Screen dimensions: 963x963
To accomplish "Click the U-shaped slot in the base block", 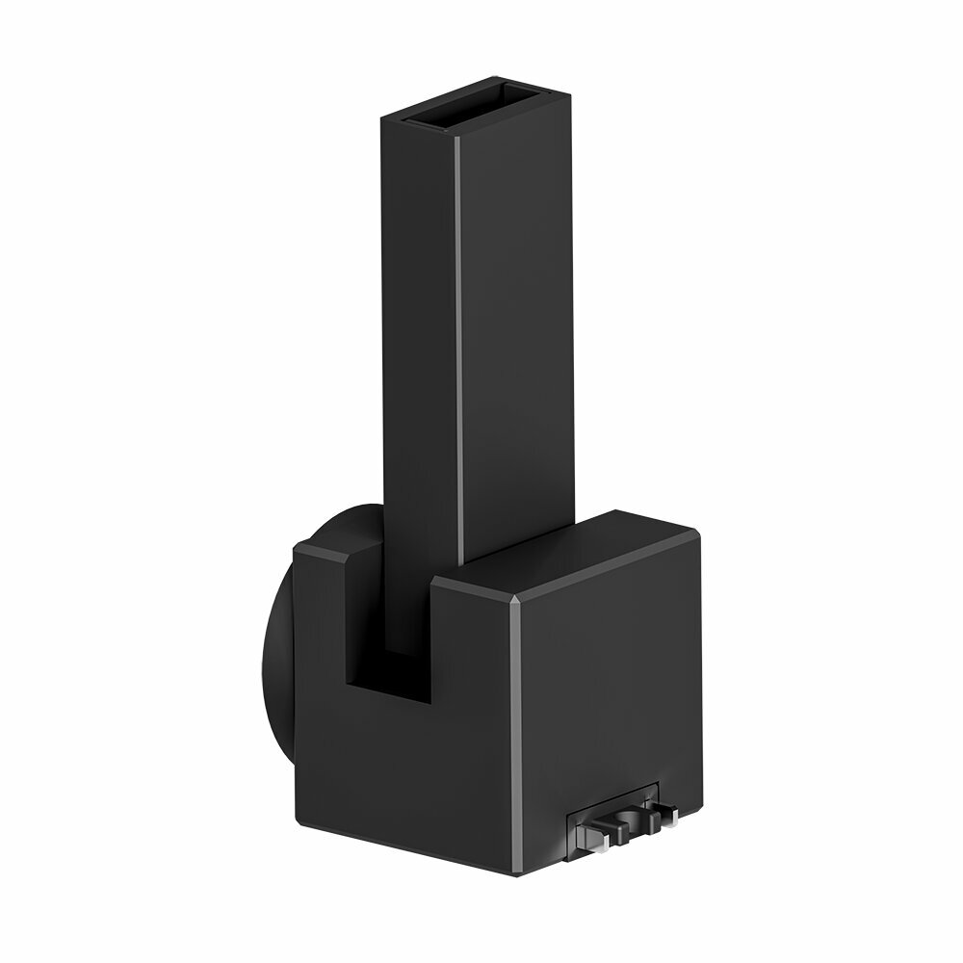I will (385, 636).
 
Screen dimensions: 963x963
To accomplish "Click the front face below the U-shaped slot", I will (395, 770).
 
